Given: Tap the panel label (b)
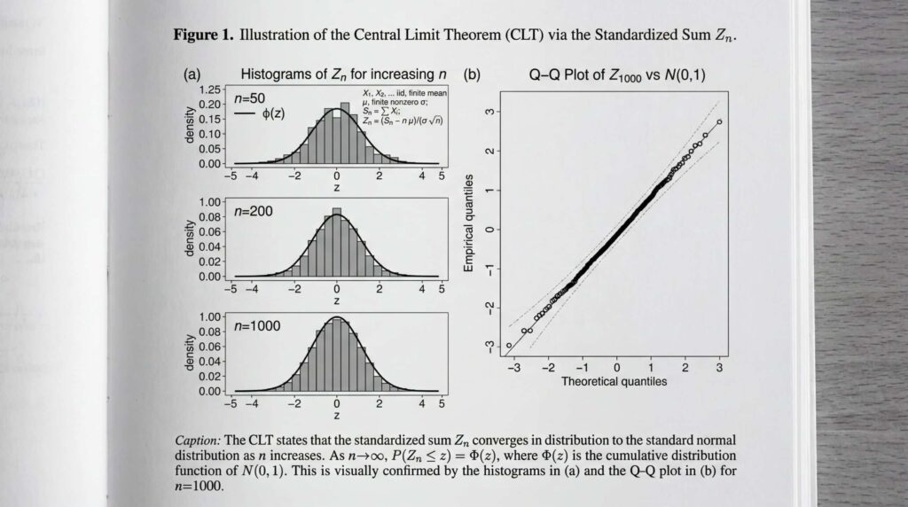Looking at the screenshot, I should (472, 75).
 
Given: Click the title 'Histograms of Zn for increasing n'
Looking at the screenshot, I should (343, 75).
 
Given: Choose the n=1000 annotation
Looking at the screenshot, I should (256, 325).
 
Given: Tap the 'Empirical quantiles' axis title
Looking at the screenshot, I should (469, 222).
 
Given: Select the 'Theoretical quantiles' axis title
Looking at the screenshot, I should (614, 382).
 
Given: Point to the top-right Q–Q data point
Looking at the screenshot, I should (719, 121).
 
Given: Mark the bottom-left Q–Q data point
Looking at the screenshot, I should (508, 346).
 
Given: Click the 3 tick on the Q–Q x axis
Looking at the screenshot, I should (719, 367).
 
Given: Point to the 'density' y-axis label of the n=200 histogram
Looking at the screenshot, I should (189, 240).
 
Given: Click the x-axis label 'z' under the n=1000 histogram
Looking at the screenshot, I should (336, 415).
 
